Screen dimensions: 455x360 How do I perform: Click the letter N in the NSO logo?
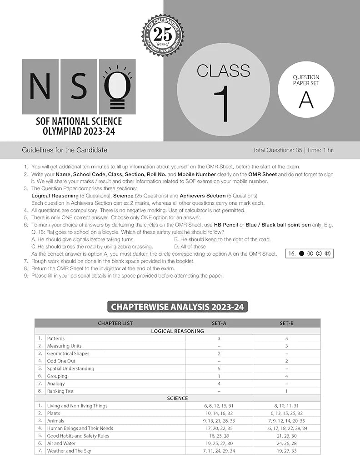coord(40,86)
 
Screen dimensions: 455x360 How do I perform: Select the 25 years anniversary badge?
coord(162,35)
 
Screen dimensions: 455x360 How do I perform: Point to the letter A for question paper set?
coord(306,100)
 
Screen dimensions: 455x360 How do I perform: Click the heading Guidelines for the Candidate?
coord(65,150)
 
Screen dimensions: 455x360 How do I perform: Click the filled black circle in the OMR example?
coord(301,253)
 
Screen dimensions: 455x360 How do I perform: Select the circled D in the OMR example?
coord(327,253)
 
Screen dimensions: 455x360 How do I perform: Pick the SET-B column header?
coord(286,324)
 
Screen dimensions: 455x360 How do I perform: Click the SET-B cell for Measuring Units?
coord(286,346)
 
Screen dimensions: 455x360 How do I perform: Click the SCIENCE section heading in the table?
coord(177,398)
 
